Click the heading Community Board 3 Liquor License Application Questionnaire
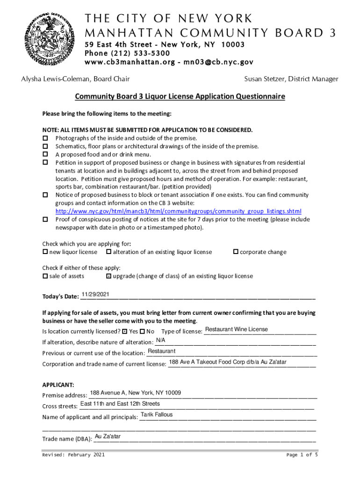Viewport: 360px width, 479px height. click(180, 97)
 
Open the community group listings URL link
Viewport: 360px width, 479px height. click(179, 210)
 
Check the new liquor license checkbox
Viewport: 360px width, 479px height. click(45, 252)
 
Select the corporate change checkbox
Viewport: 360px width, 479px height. click(236, 252)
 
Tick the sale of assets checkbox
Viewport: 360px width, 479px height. click(45, 276)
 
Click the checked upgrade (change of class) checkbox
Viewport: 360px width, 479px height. click(109, 276)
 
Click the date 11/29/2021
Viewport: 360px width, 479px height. click(95, 294)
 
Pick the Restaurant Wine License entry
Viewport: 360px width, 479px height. click(236, 329)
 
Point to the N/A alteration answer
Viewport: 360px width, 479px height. click(160, 340)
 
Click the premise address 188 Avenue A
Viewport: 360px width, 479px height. click(136, 392)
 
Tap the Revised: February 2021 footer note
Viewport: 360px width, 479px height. click(73, 455)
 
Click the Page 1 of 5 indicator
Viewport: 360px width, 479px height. click(302, 455)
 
